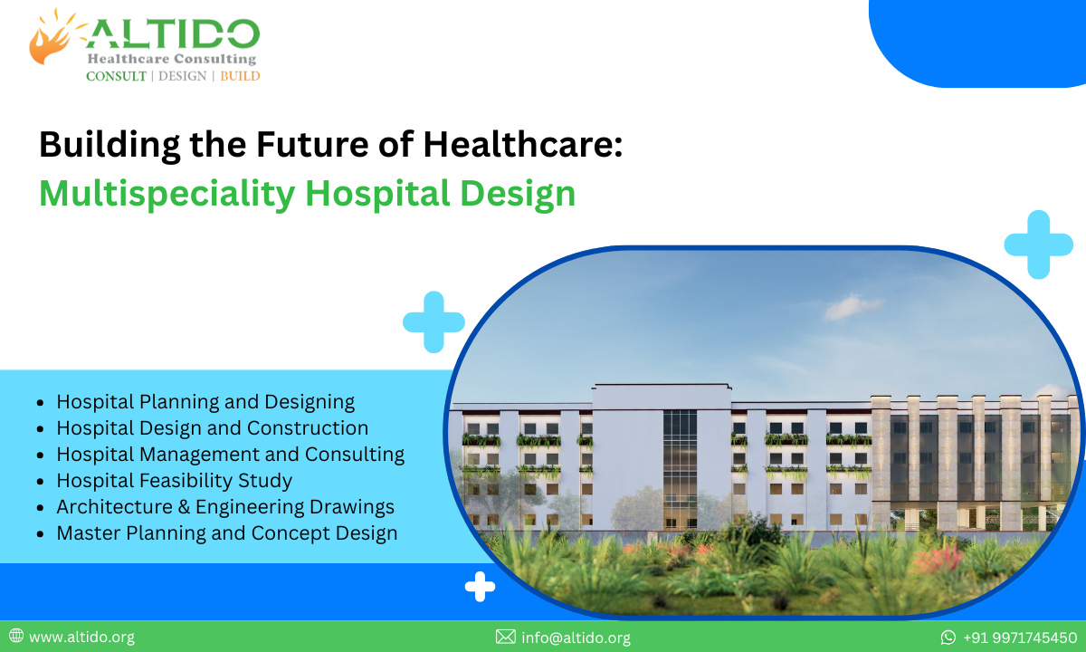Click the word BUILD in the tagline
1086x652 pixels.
point(240,76)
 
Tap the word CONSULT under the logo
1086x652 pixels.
point(116,76)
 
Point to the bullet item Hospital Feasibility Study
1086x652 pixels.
point(174,481)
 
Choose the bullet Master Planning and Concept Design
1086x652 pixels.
point(226,533)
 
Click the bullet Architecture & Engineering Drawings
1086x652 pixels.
point(225,507)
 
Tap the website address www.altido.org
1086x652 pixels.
point(81,637)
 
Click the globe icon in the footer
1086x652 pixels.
point(16,637)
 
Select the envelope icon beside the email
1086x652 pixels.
point(505,638)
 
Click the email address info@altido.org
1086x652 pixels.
point(576,638)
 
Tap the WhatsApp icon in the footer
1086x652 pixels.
point(948,638)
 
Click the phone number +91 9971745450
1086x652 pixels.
point(1020,638)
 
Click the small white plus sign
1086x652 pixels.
point(480,587)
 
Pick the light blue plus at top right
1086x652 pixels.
point(1039,244)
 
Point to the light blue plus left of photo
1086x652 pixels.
point(433,321)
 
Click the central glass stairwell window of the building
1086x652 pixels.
point(680,466)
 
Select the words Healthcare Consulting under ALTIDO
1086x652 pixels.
point(171,59)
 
